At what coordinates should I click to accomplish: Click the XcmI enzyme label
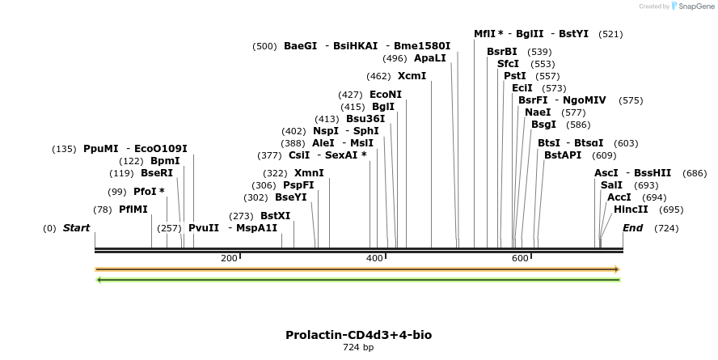click(x=412, y=76)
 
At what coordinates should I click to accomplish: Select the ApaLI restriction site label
click(x=429, y=58)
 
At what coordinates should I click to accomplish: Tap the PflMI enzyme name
click(x=133, y=210)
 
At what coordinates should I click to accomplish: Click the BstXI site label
click(x=275, y=216)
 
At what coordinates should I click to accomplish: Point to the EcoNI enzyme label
click(x=386, y=95)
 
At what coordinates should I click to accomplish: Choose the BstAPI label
click(x=563, y=155)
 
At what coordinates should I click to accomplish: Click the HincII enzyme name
click(x=631, y=210)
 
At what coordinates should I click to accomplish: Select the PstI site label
click(x=514, y=76)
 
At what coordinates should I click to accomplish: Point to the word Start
click(x=76, y=228)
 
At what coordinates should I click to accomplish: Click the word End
click(x=632, y=228)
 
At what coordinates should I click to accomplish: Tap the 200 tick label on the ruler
click(x=229, y=258)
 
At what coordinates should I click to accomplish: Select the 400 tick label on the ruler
click(x=374, y=258)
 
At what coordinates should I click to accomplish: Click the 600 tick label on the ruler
click(x=520, y=258)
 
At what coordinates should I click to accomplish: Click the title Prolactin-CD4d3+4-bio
click(x=364, y=335)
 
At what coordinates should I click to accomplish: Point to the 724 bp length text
click(x=358, y=348)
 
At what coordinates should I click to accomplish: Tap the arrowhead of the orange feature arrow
click(x=617, y=269)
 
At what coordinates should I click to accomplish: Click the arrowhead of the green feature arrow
click(x=99, y=280)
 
